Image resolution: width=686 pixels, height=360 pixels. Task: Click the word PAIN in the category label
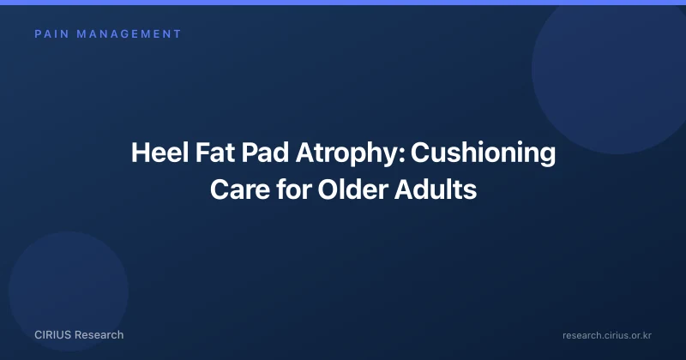point(51,34)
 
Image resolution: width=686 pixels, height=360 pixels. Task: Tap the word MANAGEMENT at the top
point(129,34)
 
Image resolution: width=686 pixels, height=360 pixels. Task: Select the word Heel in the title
point(159,153)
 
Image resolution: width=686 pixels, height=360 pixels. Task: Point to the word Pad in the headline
point(265,153)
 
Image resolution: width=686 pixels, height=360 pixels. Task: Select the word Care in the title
point(240,189)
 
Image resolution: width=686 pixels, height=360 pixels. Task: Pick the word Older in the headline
point(352,189)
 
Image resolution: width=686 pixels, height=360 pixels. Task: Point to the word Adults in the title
point(436,189)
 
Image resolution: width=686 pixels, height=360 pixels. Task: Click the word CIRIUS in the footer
point(52,335)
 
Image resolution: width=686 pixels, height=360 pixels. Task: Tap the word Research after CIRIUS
point(99,335)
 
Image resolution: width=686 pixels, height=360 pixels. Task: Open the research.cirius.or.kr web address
point(607,335)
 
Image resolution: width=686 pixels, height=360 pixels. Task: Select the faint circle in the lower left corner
point(69,291)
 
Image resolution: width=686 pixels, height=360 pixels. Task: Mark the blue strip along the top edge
point(343,3)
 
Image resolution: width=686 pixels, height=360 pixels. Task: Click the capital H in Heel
point(141,153)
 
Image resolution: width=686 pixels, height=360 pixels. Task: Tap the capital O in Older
point(328,189)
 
